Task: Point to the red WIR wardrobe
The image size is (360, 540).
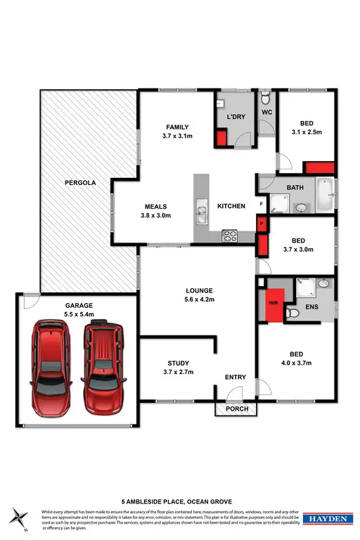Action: click(274, 304)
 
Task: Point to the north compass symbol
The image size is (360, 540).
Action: click(20, 519)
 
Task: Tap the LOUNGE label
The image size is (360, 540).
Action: click(199, 290)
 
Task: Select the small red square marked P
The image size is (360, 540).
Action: click(262, 223)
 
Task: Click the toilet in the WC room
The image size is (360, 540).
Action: click(265, 98)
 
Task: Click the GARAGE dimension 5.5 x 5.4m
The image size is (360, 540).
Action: click(79, 315)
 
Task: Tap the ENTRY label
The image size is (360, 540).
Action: click(235, 378)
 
